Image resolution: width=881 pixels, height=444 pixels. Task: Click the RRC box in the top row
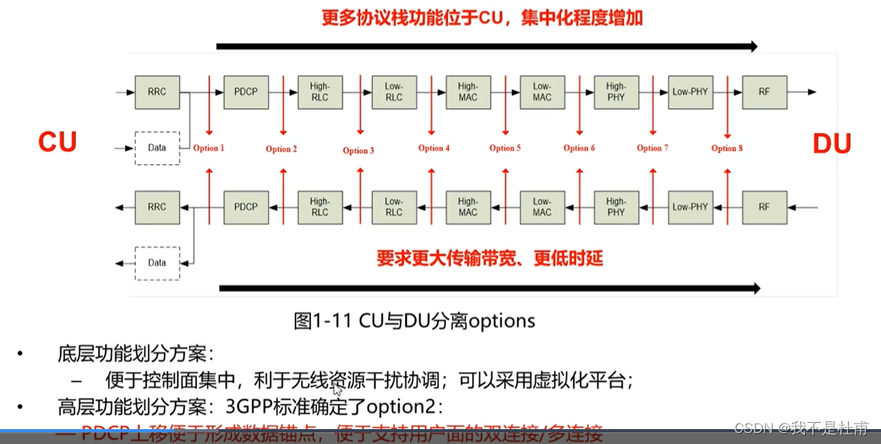coord(157,92)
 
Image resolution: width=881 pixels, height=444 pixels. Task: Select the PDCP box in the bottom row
coord(245,207)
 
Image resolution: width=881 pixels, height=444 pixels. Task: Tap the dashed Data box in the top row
coord(157,147)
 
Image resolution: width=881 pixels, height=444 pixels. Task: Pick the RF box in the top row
coord(764,92)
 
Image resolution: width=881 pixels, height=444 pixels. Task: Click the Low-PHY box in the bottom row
coord(690,207)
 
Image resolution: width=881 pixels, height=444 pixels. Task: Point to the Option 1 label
coord(208,148)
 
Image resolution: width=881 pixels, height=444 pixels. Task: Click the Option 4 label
coord(433,148)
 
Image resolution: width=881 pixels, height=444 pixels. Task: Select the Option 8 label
coord(727,148)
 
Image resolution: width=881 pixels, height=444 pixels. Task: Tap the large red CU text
coord(57,142)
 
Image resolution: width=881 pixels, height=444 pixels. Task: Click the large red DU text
coord(831,143)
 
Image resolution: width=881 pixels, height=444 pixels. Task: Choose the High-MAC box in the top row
coord(468,92)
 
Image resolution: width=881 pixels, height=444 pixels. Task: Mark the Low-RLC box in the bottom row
coord(393,207)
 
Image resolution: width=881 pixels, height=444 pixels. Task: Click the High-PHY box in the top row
coord(616,92)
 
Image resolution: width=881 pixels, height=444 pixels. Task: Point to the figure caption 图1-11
coord(313,321)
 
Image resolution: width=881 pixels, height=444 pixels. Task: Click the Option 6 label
coord(579,148)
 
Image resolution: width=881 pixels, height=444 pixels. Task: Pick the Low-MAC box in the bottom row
coord(542,207)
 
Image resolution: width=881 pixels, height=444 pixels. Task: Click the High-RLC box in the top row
coord(320,92)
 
